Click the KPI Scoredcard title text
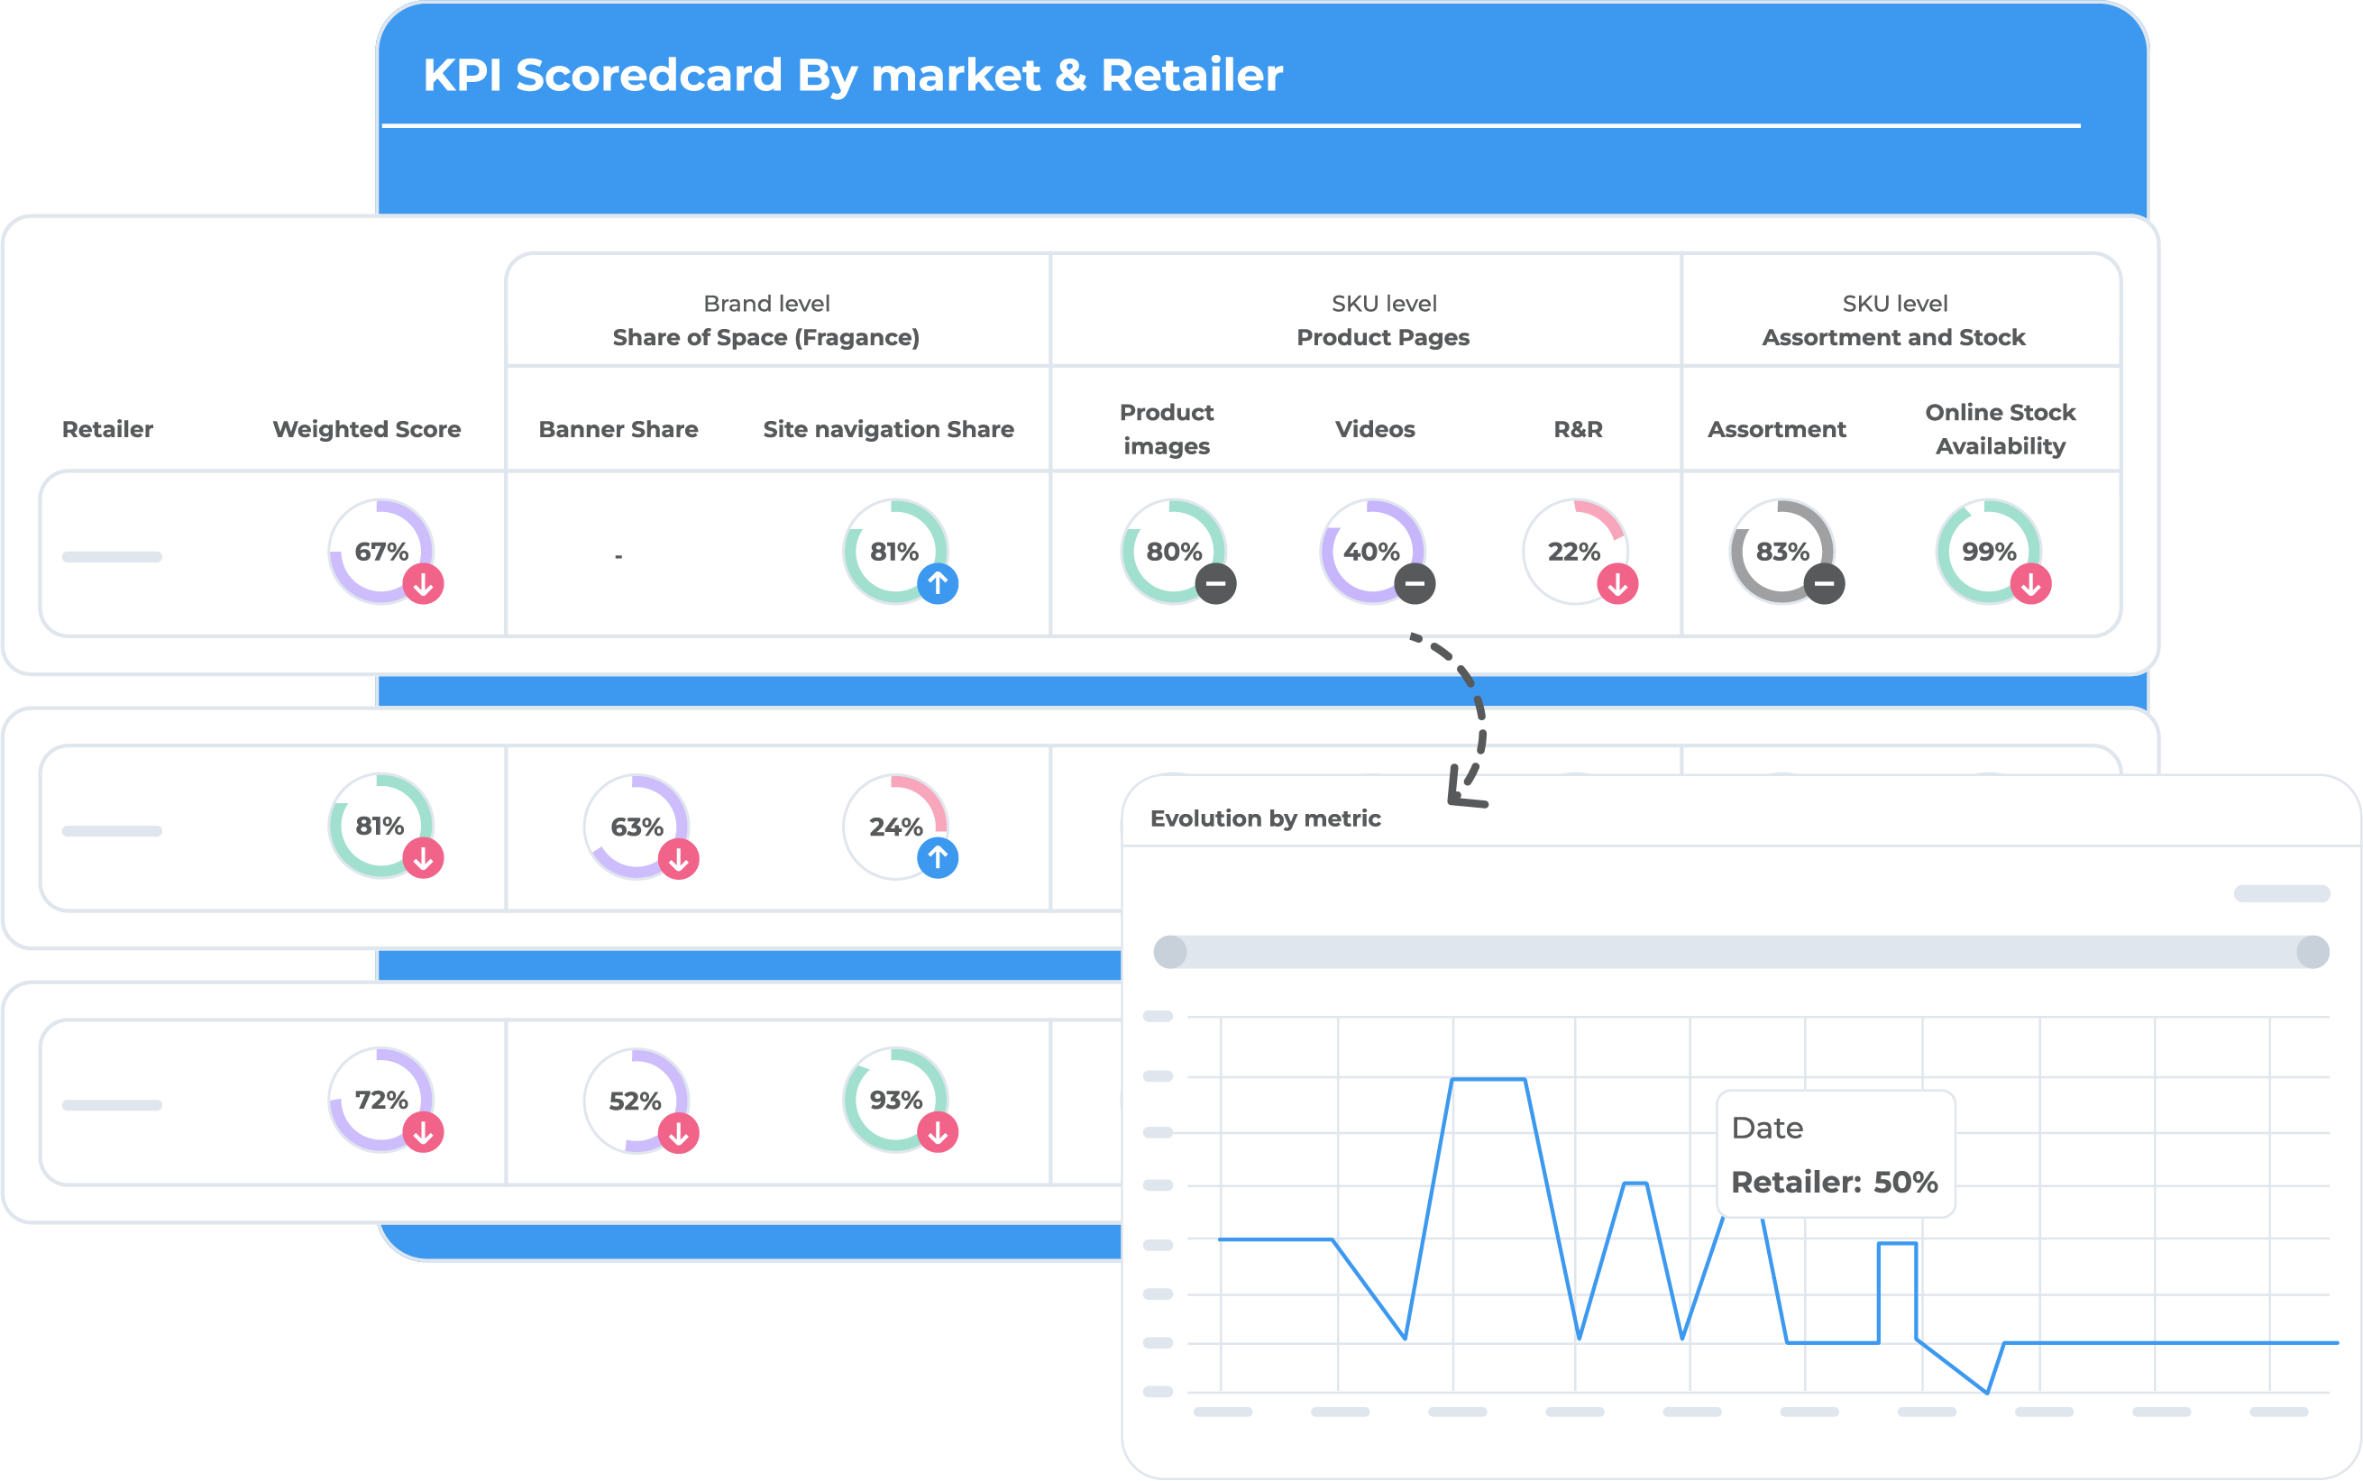tap(852, 76)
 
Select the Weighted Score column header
tap(366, 429)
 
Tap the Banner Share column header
tap(618, 429)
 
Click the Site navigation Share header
tap(888, 429)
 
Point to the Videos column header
tap(1375, 429)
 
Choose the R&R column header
tap(1578, 429)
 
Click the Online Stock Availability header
tap(2000, 429)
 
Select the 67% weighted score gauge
tap(381, 552)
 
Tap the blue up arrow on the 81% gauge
tap(938, 584)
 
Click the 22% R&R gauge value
tap(1573, 552)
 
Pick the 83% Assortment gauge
tap(1782, 552)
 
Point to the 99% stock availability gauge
tap(1989, 552)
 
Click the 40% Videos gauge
tap(1371, 552)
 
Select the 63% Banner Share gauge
tap(637, 827)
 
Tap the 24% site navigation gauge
tap(895, 827)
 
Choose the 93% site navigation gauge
tap(895, 1100)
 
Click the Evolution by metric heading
tap(1265, 818)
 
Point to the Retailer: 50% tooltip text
tap(1834, 1183)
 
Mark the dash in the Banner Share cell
tap(618, 556)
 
